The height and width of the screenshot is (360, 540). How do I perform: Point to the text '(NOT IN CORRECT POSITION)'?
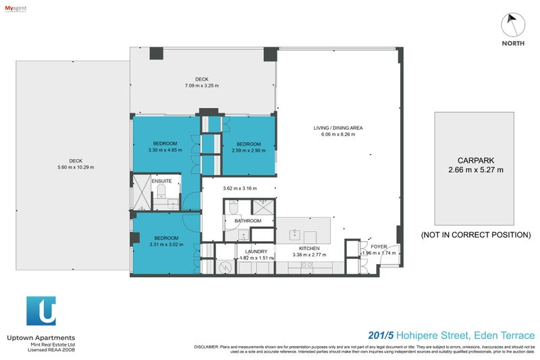click(x=476, y=235)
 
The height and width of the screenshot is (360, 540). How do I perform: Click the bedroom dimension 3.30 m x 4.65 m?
click(x=165, y=150)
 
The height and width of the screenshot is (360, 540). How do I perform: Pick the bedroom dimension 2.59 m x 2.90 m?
click(x=248, y=150)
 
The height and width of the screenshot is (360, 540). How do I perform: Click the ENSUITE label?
click(x=161, y=181)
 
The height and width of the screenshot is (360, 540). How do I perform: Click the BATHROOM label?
click(x=248, y=221)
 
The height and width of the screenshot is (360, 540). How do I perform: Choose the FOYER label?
click(x=379, y=247)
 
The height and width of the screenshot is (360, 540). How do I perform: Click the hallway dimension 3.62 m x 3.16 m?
click(x=239, y=189)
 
